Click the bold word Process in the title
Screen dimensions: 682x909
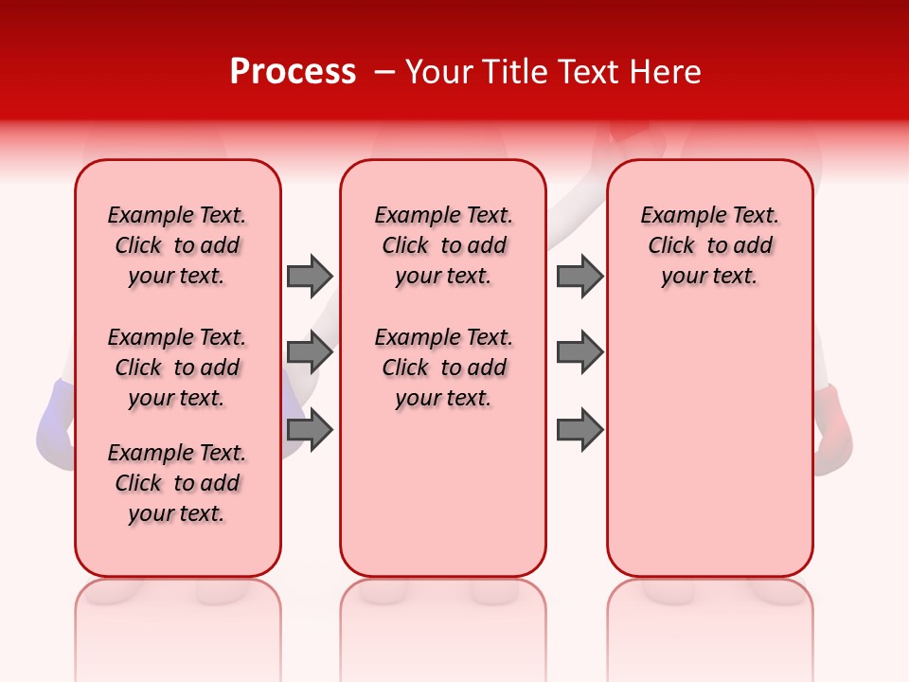pyautogui.click(x=293, y=72)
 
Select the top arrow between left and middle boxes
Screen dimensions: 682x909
pyautogui.click(x=310, y=276)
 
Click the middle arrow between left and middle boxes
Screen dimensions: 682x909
pyautogui.click(x=310, y=352)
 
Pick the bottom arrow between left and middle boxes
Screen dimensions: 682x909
pyautogui.click(x=310, y=430)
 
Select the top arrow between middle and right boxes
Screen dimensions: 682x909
pyautogui.click(x=579, y=276)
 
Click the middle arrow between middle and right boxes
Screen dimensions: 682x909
pyautogui.click(x=579, y=352)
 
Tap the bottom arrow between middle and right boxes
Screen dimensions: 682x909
pyautogui.click(x=579, y=430)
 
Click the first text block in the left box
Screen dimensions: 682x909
pyautogui.click(x=177, y=245)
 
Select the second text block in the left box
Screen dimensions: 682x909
pyautogui.click(x=177, y=368)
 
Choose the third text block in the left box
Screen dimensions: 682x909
pyautogui.click(x=177, y=483)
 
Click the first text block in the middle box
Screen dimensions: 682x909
pyautogui.click(x=443, y=245)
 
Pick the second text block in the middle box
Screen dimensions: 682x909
pyautogui.click(x=443, y=368)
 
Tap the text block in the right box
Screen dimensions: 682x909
pyautogui.click(x=709, y=245)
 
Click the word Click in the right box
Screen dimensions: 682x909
pyautogui.click(x=671, y=246)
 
